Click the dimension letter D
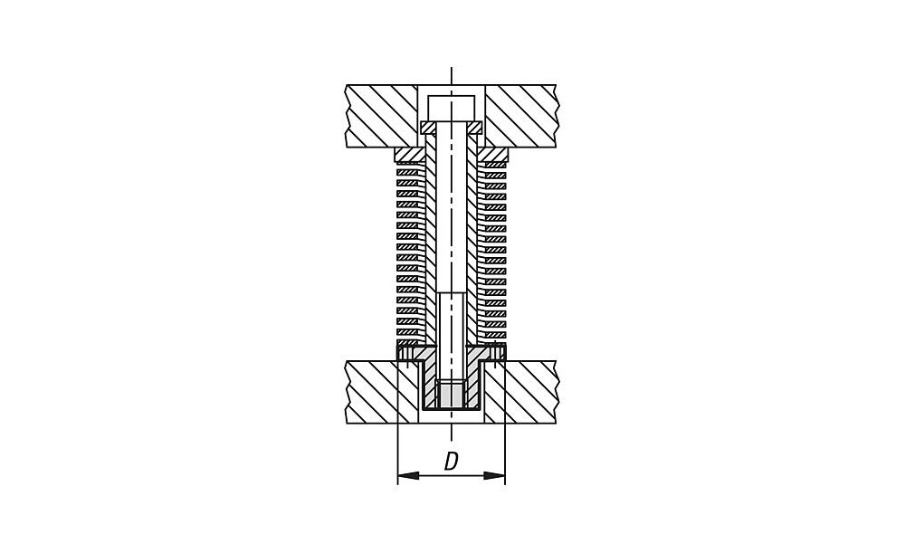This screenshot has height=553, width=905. click(x=452, y=462)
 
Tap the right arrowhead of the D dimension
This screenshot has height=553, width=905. click(x=495, y=476)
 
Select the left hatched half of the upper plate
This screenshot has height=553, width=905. click(x=381, y=116)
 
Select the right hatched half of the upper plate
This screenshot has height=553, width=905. click(x=521, y=116)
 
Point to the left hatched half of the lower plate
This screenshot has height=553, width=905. click(x=382, y=392)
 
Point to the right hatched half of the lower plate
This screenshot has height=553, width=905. click(x=521, y=392)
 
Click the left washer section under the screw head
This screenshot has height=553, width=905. click(x=429, y=127)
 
